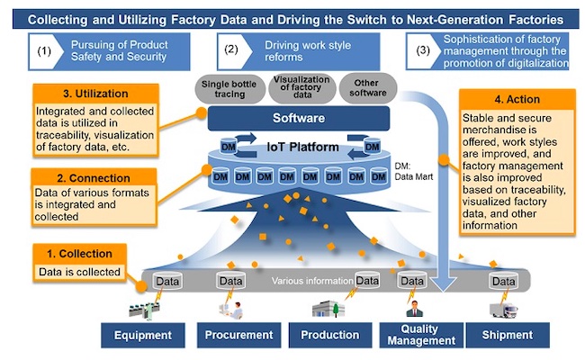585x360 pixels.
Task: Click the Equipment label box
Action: coord(142,335)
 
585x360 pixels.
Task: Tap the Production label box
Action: coord(330,335)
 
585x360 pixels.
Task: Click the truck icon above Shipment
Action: coord(505,308)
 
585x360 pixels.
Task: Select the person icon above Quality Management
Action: coord(413,308)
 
